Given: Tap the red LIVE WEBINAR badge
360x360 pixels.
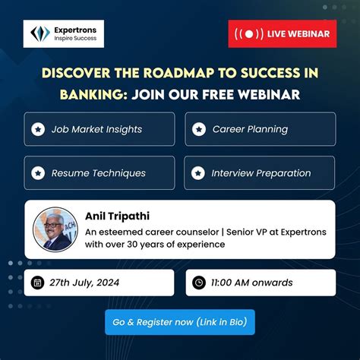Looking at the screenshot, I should (282, 34).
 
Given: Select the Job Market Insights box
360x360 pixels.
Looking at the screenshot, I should (99, 129).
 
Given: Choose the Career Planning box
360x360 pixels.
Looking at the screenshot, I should (260, 129).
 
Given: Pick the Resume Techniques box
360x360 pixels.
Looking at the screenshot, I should (99, 172).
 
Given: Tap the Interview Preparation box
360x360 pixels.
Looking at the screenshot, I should (260, 172).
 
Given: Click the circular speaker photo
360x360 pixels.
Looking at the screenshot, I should (55, 229).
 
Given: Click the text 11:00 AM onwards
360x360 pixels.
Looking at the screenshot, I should (253, 283).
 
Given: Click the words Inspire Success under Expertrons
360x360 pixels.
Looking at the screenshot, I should (76, 39).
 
